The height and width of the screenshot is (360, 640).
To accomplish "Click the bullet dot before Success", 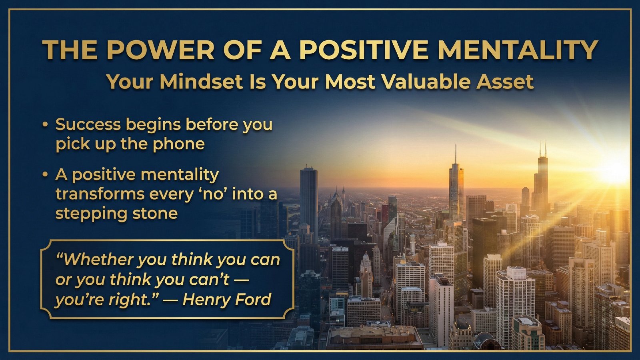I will click(45, 125).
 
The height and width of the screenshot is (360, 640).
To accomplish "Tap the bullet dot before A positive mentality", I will click(45, 175).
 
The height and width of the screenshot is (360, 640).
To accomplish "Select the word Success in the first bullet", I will click(88, 125).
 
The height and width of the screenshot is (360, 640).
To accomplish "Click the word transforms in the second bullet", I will click(100, 194).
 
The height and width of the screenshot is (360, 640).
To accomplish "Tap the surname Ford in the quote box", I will click(254, 300).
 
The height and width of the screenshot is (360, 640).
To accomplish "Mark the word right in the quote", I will click(130, 300).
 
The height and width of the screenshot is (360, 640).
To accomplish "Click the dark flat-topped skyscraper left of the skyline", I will click(308, 200).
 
